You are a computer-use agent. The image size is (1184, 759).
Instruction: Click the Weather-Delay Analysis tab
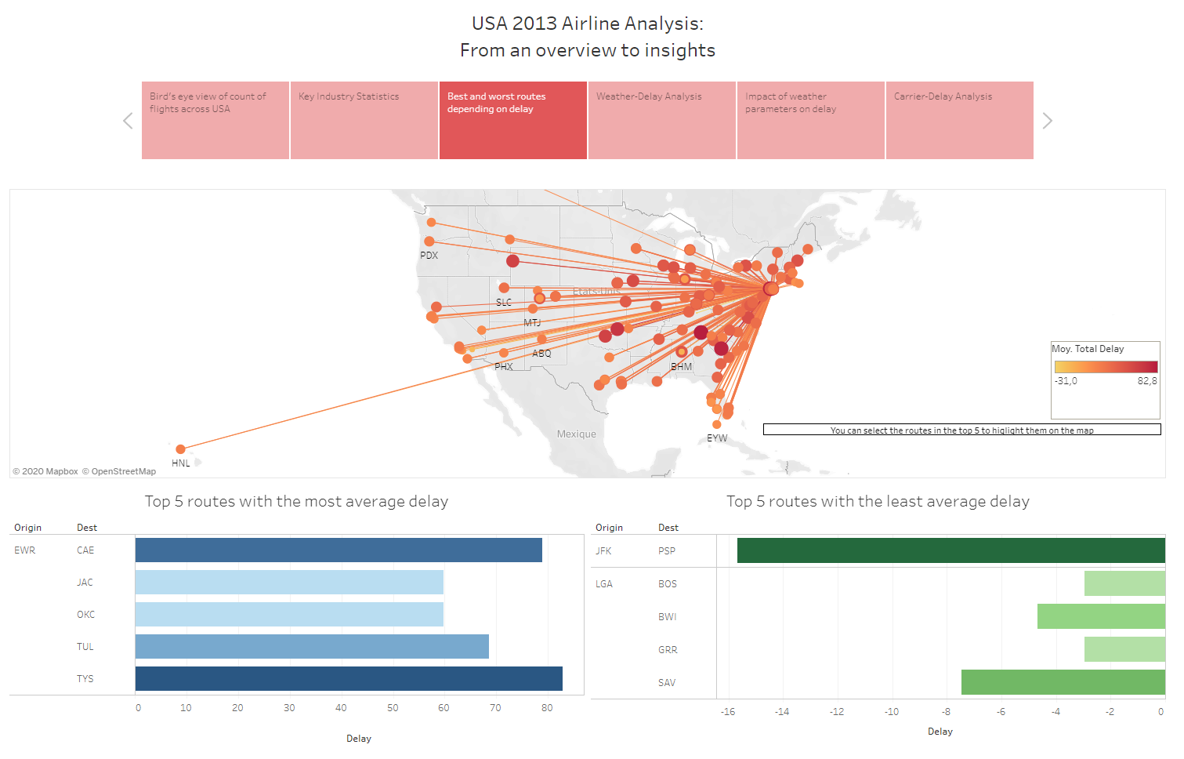pyautogui.click(x=661, y=120)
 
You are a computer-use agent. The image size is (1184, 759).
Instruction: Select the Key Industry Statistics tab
pyautogui.click(x=364, y=120)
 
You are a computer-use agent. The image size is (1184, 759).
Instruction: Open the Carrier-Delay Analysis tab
pyautogui.click(x=959, y=120)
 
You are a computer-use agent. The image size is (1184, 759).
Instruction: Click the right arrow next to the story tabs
pyautogui.click(x=1048, y=121)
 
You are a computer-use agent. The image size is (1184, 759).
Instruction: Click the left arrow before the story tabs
pyautogui.click(x=128, y=121)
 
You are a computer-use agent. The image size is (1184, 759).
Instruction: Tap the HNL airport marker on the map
pyautogui.click(x=180, y=449)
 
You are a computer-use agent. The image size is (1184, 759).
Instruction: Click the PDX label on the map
pyautogui.click(x=429, y=256)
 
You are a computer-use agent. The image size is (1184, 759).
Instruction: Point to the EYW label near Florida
pyautogui.click(x=716, y=438)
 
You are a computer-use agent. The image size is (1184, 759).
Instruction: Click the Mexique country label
pyautogui.click(x=576, y=434)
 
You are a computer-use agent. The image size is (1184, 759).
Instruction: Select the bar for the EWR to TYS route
pyautogui.click(x=349, y=679)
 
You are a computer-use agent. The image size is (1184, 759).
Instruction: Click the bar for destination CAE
pyautogui.click(x=339, y=550)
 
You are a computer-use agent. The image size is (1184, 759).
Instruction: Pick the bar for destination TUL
pyautogui.click(x=312, y=647)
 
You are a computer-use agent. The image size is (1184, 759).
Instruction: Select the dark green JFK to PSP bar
pyautogui.click(x=950, y=550)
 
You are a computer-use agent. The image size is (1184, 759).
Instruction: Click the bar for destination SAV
pyautogui.click(x=1063, y=682)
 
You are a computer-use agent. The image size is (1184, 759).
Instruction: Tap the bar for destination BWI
pyautogui.click(x=1101, y=616)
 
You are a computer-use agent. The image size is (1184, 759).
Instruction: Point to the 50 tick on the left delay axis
pyautogui.click(x=393, y=708)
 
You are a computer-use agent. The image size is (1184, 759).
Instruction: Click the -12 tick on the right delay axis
pyautogui.click(x=837, y=712)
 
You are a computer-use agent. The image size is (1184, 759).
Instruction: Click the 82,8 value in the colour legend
pyautogui.click(x=1146, y=381)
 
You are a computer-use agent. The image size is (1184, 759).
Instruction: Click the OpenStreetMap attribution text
pyautogui.click(x=123, y=471)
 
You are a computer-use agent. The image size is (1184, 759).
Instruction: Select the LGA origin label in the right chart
pyautogui.click(x=604, y=584)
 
